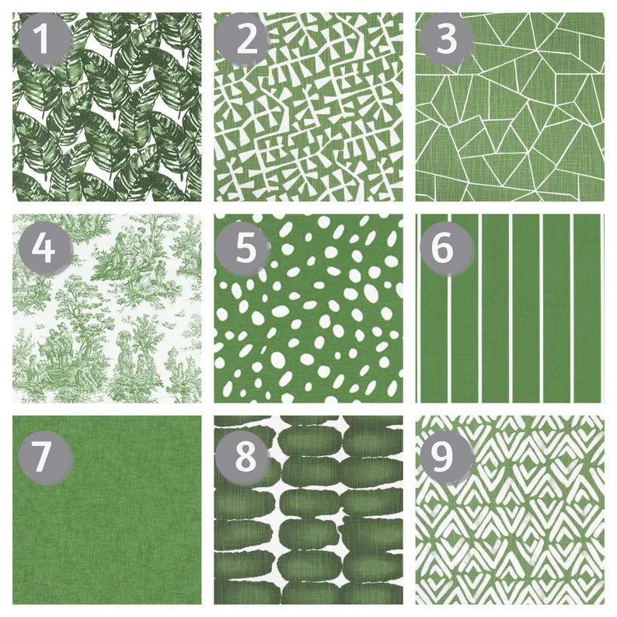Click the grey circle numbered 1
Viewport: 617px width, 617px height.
[46, 39]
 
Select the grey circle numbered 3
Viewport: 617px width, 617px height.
[447, 39]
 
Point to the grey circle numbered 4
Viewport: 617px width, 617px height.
[46, 249]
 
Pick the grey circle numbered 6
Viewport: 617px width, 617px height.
[447, 249]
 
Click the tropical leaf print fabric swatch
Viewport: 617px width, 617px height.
[107, 107]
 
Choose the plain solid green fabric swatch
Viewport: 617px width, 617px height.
[107, 510]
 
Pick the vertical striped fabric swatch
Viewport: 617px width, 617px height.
[510, 308]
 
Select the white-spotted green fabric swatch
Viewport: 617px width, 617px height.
[308, 308]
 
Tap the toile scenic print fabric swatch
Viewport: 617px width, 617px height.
[107, 308]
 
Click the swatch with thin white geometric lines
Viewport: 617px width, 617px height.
[510, 107]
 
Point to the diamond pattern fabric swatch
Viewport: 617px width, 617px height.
[510, 510]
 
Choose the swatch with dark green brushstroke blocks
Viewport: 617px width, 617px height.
[308, 510]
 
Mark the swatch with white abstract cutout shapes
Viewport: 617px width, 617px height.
[308, 107]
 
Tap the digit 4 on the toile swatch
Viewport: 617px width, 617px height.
[44, 249]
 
